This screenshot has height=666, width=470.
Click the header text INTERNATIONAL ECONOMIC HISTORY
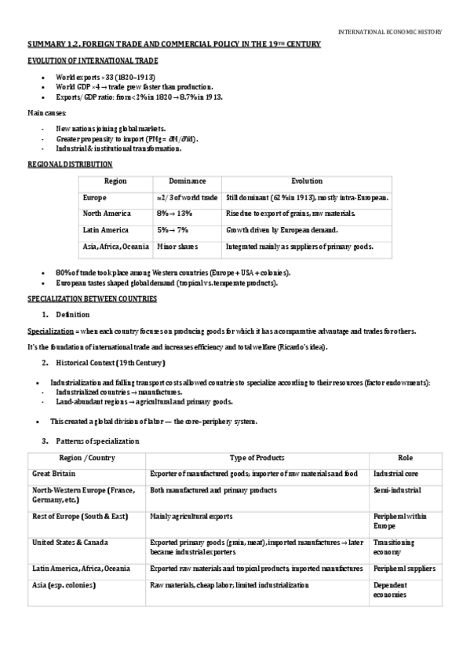(389, 32)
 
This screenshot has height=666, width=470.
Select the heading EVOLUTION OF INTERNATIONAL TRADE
(92, 60)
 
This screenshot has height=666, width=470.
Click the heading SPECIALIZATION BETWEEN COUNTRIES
(92, 299)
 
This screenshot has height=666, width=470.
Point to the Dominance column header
(188, 181)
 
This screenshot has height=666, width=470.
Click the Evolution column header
(306, 181)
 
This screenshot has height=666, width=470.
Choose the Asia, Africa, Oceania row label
(116, 247)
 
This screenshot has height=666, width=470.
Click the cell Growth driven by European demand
(281, 230)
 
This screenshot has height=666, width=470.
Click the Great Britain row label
(53, 474)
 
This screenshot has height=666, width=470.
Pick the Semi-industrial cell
(397, 490)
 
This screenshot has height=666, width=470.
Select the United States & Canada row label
(71, 542)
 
